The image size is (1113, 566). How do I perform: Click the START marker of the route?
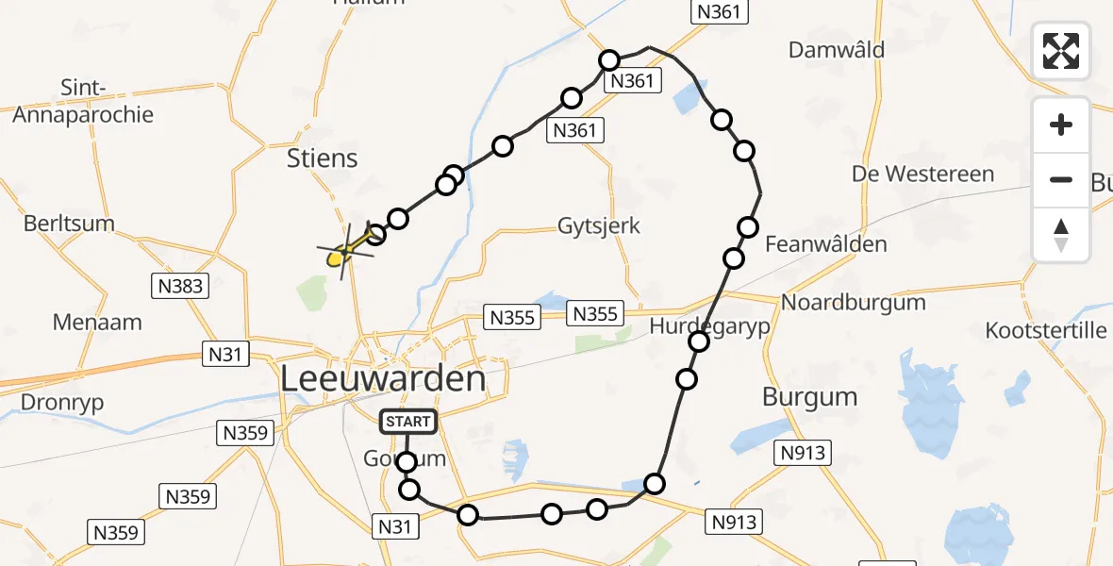click(408, 422)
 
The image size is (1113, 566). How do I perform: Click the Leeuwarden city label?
click(383, 379)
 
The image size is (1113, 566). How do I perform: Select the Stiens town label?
click(323, 158)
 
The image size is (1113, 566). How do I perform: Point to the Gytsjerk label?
click(598, 225)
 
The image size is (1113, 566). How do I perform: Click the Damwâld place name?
click(837, 49)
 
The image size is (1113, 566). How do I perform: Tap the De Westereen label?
click(922, 174)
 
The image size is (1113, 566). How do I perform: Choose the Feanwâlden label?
click(826, 244)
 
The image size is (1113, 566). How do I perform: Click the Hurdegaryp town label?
click(710, 326)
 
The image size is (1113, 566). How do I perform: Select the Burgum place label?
click(810, 397)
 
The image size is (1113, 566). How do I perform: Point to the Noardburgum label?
click(854, 303)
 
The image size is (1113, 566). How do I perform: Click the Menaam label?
click(97, 322)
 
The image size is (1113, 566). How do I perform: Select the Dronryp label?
click(62, 402)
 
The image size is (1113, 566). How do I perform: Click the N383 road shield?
click(179, 285)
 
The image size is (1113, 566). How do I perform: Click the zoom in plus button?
click(1061, 125)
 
